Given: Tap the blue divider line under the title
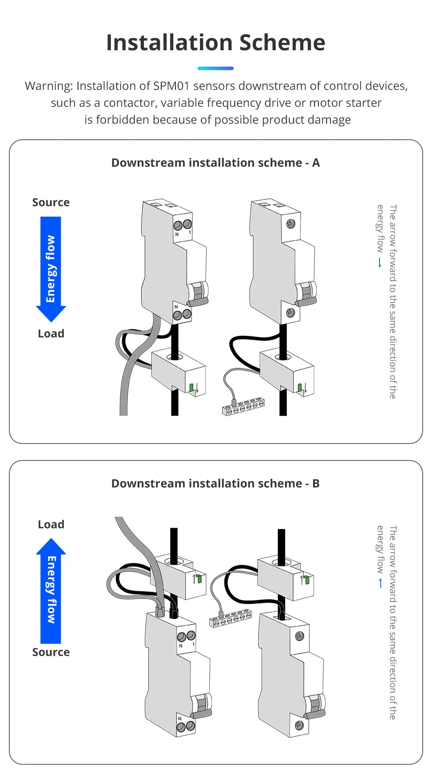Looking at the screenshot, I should (216, 68).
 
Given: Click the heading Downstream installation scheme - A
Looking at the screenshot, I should (216, 163).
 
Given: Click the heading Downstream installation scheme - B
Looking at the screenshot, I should (216, 484).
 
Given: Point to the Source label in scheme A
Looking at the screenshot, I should (51, 202).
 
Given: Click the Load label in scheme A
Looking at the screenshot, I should (51, 334).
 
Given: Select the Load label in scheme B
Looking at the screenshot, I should (51, 525).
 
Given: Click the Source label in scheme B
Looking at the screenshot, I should (51, 652).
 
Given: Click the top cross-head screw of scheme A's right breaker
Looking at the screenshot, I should (291, 223).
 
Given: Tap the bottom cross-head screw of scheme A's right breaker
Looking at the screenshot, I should (290, 312).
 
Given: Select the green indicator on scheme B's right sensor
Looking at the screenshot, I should (306, 580).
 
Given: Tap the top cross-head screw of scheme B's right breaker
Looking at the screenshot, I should (299, 636).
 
